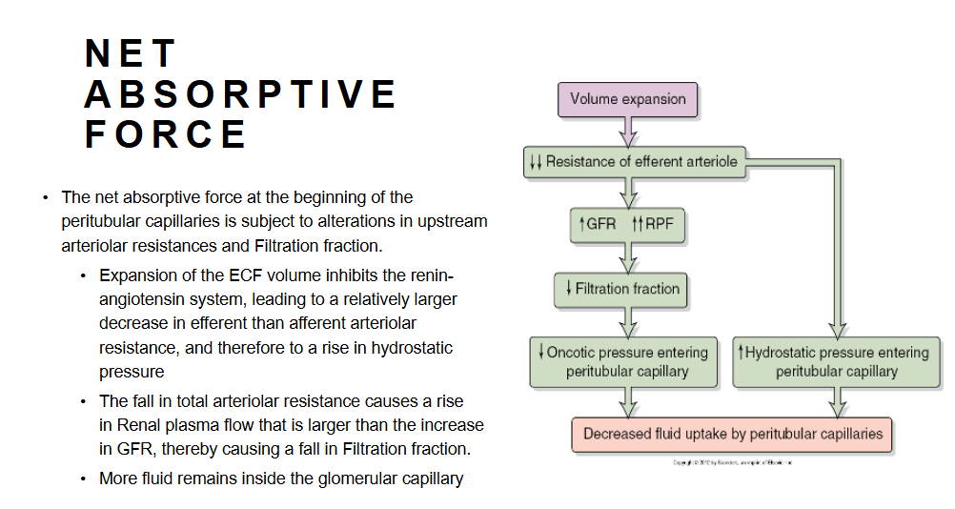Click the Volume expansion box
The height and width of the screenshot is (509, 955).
coord(627,99)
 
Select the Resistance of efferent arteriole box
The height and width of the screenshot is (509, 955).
coord(636,162)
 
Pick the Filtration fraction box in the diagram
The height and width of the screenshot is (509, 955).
coord(621,288)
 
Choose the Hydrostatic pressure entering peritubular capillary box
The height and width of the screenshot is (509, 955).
coord(836,361)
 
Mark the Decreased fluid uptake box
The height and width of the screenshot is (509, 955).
coord(732,435)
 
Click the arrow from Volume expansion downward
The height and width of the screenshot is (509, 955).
coord(626,131)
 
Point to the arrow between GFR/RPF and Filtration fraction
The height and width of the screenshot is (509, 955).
coord(626,257)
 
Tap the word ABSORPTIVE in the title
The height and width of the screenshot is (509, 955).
coord(240,93)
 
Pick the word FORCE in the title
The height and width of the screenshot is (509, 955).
coord(166,134)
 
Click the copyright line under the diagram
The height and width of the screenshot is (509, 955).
coord(732,462)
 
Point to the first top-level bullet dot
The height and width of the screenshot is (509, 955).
coord(44,198)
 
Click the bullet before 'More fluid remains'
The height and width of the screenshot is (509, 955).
coord(83,478)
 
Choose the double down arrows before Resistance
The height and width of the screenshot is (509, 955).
coord(536,162)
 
